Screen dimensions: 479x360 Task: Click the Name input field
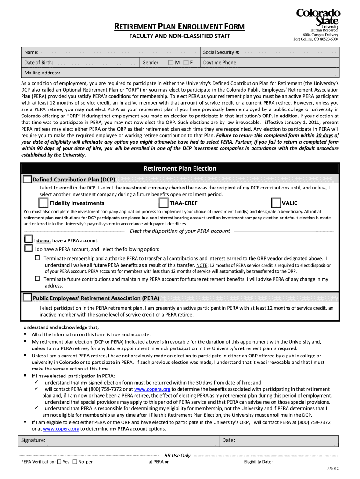[x=117, y=52]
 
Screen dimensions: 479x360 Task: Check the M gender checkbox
[x=171, y=62]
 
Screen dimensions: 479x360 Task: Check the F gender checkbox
[x=186, y=62]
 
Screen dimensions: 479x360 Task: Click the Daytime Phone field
[x=288, y=62]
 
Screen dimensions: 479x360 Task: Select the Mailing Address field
[x=196, y=73]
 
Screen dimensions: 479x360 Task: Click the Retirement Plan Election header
[x=180, y=168]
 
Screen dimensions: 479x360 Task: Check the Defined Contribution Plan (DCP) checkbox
[x=28, y=179]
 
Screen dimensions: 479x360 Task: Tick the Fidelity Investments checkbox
[x=43, y=203]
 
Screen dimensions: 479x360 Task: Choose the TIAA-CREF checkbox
[x=163, y=203]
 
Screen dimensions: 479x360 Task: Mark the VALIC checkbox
[x=275, y=203]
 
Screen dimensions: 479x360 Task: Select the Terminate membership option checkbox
[x=37, y=258]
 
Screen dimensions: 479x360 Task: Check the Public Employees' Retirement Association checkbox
[x=28, y=298]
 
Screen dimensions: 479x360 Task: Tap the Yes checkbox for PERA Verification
[x=59, y=462]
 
